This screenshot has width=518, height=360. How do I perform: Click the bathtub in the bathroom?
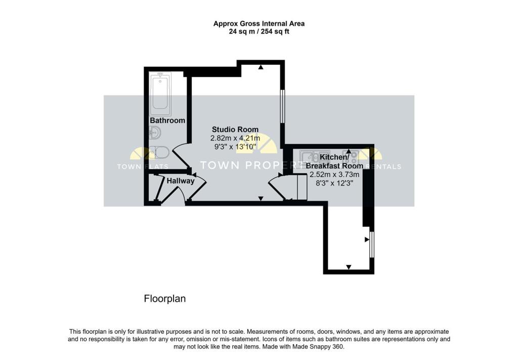pyautogui.click(x=160, y=94)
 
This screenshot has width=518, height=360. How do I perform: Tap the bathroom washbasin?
pyautogui.click(x=155, y=133)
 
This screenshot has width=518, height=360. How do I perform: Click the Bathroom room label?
pyautogui.click(x=167, y=121)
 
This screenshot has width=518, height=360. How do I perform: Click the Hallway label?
pyautogui.click(x=181, y=181)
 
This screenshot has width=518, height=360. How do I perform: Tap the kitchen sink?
pyautogui.click(x=315, y=155)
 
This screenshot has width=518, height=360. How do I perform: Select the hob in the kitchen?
pyautogui.click(x=350, y=155)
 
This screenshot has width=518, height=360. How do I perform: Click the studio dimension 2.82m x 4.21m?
pyautogui.click(x=235, y=138)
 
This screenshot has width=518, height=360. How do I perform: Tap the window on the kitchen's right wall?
pyautogui.click(x=372, y=244)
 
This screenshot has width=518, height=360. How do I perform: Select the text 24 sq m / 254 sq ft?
pyautogui.click(x=258, y=31)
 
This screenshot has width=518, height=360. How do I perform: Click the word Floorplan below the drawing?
pyautogui.click(x=165, y=299)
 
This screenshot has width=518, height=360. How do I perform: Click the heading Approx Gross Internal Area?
pyautogui.click(x=258, y=23)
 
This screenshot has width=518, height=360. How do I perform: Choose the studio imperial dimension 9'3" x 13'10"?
pyautogui.click(x=235, y=147)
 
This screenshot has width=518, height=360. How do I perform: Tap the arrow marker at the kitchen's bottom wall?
pyautogui.click(x=349, y=266)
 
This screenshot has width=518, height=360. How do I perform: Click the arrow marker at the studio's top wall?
pyautogui.click(x=261, y=67)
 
